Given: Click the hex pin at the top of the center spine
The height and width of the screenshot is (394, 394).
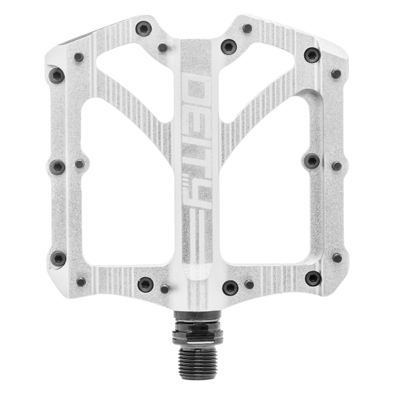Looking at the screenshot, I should [228, 47].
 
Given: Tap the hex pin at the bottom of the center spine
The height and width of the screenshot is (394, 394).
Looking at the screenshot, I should [229, 287].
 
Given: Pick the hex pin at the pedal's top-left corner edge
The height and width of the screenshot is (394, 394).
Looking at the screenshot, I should [57, 76].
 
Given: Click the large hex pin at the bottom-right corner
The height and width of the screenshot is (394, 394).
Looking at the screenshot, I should [313, 278].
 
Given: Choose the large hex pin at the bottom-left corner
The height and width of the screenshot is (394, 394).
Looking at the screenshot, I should [58, 258].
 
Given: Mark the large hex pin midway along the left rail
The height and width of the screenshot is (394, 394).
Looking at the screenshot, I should [58, 167].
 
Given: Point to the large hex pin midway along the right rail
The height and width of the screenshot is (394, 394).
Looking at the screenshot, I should [312, 161].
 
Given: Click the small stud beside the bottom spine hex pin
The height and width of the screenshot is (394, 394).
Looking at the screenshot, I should [249, 284].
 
